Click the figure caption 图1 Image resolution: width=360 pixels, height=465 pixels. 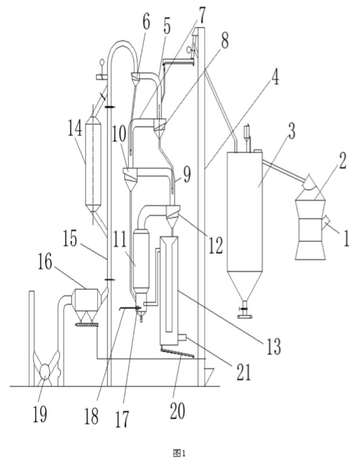pos(180,453)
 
